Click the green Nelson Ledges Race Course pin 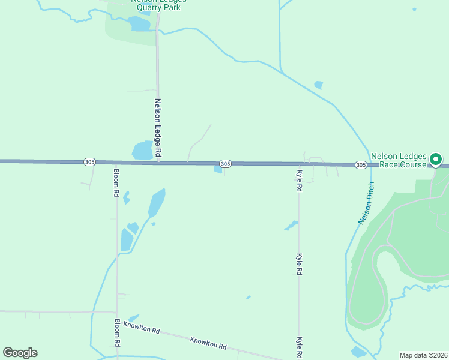point(436,160)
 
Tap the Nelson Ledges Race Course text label point(399,160)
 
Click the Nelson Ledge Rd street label point(158,128)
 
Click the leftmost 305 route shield point(89,162)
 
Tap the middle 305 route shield point(225,163)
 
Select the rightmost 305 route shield point(360,164)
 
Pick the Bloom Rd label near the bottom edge point(118,334)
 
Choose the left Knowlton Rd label point(142,328)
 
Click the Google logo point(20,353)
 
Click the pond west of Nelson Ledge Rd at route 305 point(142,150)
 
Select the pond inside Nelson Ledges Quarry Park point(139,24)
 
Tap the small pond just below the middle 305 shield point(218,170)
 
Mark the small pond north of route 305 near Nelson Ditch point(318,85)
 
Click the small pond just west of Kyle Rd point(291,226)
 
